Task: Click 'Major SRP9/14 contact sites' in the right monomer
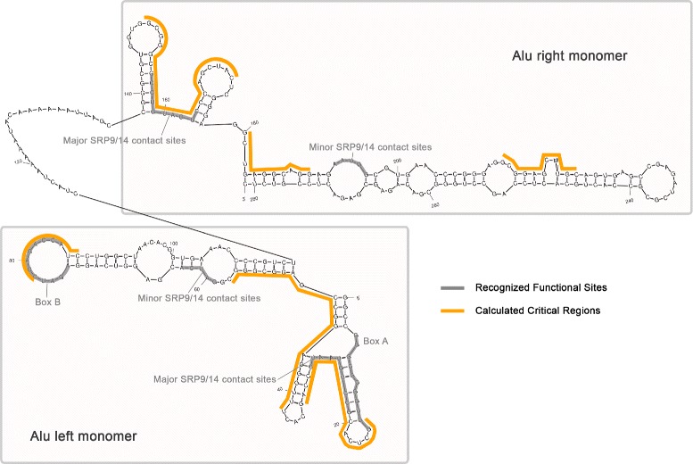120,139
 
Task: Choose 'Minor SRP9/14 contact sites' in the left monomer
201,297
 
